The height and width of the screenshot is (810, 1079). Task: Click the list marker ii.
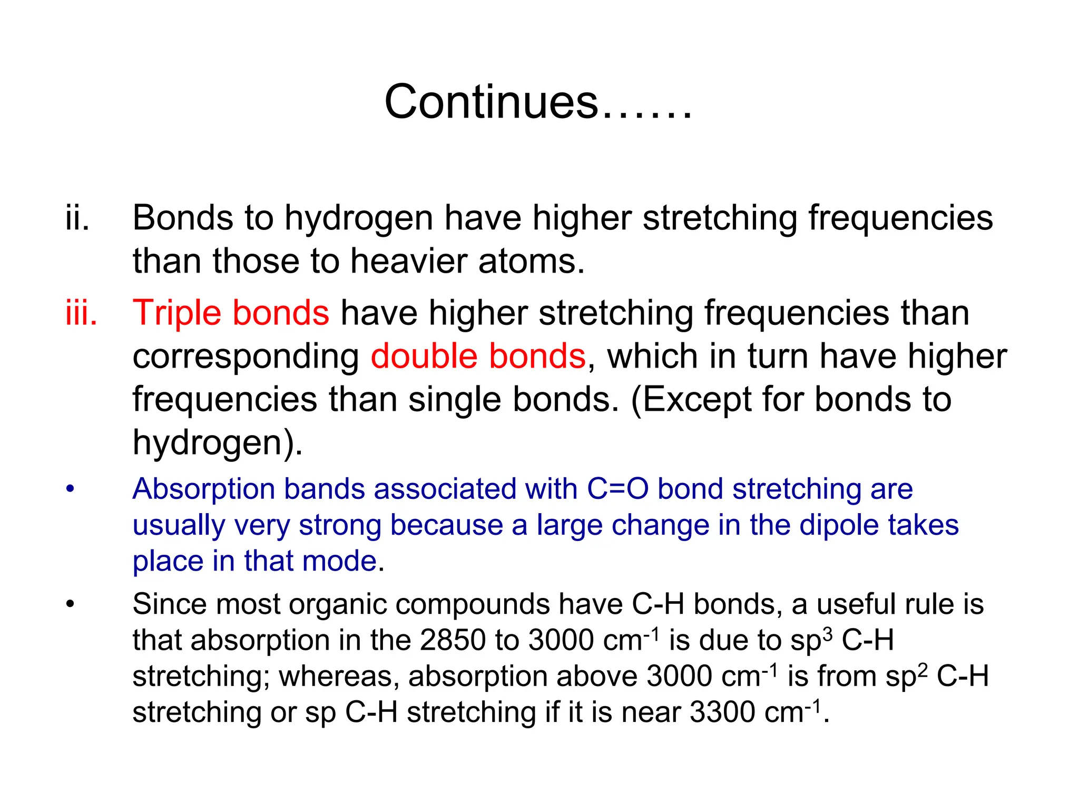click(x=77, y=218)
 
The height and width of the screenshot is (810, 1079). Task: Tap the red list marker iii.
click(x=81, y=313)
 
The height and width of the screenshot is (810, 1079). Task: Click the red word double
click(x=424, y=356)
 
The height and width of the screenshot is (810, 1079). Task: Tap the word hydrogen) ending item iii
click(x=218, y=443)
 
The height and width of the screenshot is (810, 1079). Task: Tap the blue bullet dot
click(x=71, y=489)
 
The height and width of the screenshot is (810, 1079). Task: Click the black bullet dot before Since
click(x=71, y=604)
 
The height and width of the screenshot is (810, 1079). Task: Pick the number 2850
click(x=453, y=640)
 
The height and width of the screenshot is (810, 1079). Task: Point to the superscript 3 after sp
click(x=828, y=633)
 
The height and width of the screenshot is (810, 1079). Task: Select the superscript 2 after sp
click(x=923, y=669)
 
